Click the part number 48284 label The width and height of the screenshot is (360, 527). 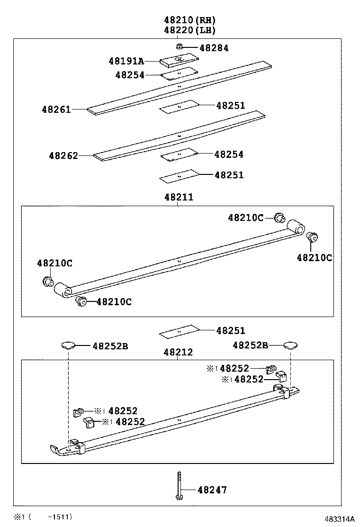(x=214, y=48)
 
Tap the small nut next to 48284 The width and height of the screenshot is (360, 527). (x=180, y=46)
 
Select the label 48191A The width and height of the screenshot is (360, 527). (x=126, y=61)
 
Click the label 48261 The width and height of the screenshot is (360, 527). (x=56, y=109)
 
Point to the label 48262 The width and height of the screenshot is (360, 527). (x=63, y=155)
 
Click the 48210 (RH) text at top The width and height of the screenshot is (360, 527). (x=190, y=20)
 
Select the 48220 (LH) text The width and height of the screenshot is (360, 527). (x=190, y=30)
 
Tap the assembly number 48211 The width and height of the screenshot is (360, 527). (x=179, y=197)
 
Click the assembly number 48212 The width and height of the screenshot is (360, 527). (x=179, y=352)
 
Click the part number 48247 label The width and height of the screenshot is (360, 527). (x=212, y=490)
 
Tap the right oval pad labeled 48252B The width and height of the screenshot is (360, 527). (x=290, y=345)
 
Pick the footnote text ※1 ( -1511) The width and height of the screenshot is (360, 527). (x=43, y=517)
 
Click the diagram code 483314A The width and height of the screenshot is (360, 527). (x=339, y=519)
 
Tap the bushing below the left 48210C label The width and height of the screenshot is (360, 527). (x=47, y=282)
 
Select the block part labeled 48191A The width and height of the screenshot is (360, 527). (x=179, y=60)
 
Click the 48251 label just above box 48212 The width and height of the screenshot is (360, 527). (x=231, y=331)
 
